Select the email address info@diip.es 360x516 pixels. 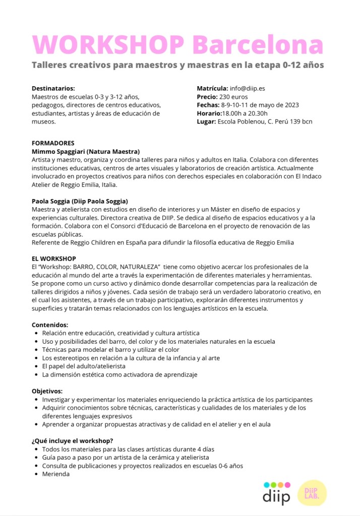pyautogui.click(x=248, y=88)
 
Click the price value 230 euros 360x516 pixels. pyautogui.click(x=233, y=97)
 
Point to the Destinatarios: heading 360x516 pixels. pyautogui.click(x=53, y=88)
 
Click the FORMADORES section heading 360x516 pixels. pyautogui.click(x=53, y=143)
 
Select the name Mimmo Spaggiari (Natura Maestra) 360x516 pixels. pyautogui.click(x=86, y=151)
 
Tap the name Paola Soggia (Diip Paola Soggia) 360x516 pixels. pyautogui.click(x=84, y=201)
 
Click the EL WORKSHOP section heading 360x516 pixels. pyautogui.click(x=54, y=259)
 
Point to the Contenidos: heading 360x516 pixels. pyautogui.click(x=50, y=325)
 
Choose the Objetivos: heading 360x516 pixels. pyautogui.click(x=47, y=391)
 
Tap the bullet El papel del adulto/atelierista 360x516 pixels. pyautogui.click(x=84, y=366)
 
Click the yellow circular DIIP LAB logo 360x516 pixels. pyautogui.click(x=312, y=492)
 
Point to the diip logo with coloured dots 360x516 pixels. pyautogui.click(x=276, y=493)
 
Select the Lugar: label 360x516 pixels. pyautogui.click(x=206, y=121)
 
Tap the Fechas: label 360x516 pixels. pyautogui.click(x=208, y=105)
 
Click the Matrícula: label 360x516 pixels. pyautogui.click(x=212, y=88)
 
